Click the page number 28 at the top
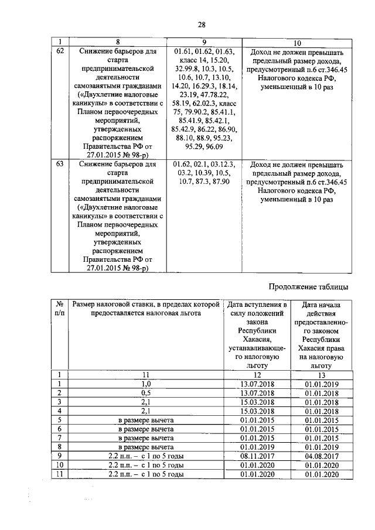[x=201, y=24]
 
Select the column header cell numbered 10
[x=297, y=42]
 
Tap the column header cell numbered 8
[x=118, y=42]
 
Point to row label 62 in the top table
[x=59, y=51]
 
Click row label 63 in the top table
[x=59, y=165]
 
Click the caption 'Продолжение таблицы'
[x=308, y=286]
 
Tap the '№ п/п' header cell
[x=59, y=309]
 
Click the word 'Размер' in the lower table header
[x=86, y=305]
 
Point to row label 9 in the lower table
[x=59, y=456]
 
